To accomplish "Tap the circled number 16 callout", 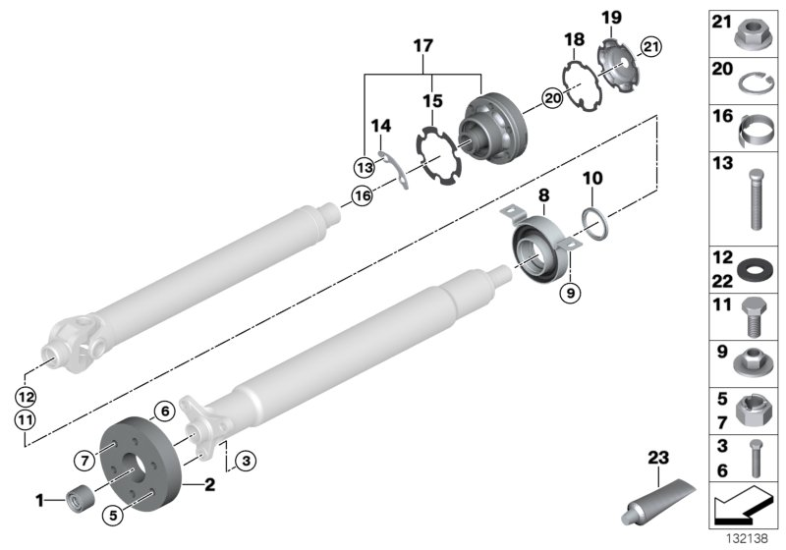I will tap(363, 196).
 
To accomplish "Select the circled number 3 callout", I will tap(246, 459).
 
